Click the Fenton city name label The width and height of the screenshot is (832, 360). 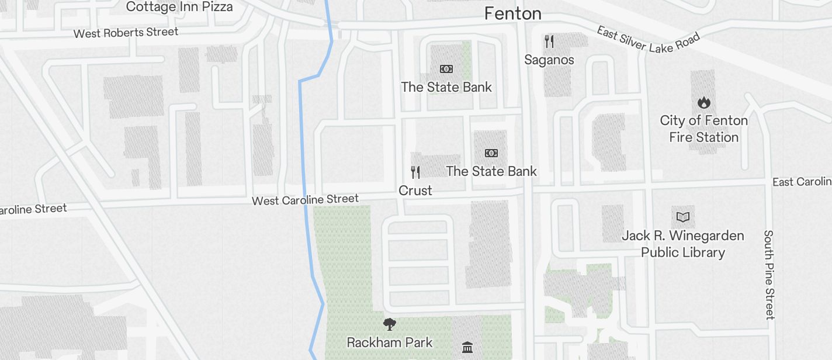(x=512, y=13)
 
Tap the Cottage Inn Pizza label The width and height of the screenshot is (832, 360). (x=179, y=7)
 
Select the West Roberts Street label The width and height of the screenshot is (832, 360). (x=126, y=33)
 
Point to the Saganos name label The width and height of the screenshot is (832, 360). (x=549, y=60)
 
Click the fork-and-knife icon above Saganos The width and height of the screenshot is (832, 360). (x=549, y=41)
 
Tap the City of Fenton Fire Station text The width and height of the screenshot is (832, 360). (x=703, y=129)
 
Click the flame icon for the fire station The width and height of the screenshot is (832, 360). (x=703, y=103)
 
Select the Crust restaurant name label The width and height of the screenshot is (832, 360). (x=415, y=191)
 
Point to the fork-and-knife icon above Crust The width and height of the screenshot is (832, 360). (x=415, y=172)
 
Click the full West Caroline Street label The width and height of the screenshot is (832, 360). (x=305, y=200)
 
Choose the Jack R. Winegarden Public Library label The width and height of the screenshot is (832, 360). (x=682, y=244)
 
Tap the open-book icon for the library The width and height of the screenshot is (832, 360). (x=682, y=217)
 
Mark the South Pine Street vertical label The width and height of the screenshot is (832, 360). (x=769, y=275)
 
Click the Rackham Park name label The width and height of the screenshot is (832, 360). (x=389, y=342)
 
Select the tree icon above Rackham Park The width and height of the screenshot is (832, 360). (x=389, y=324)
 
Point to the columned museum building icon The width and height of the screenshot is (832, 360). (x=467, y=348)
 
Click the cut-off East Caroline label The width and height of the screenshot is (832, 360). (x=802, y=182)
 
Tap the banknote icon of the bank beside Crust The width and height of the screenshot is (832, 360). (x=491, y=153)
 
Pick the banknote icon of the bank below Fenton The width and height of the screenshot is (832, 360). (x=446, y=69)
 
